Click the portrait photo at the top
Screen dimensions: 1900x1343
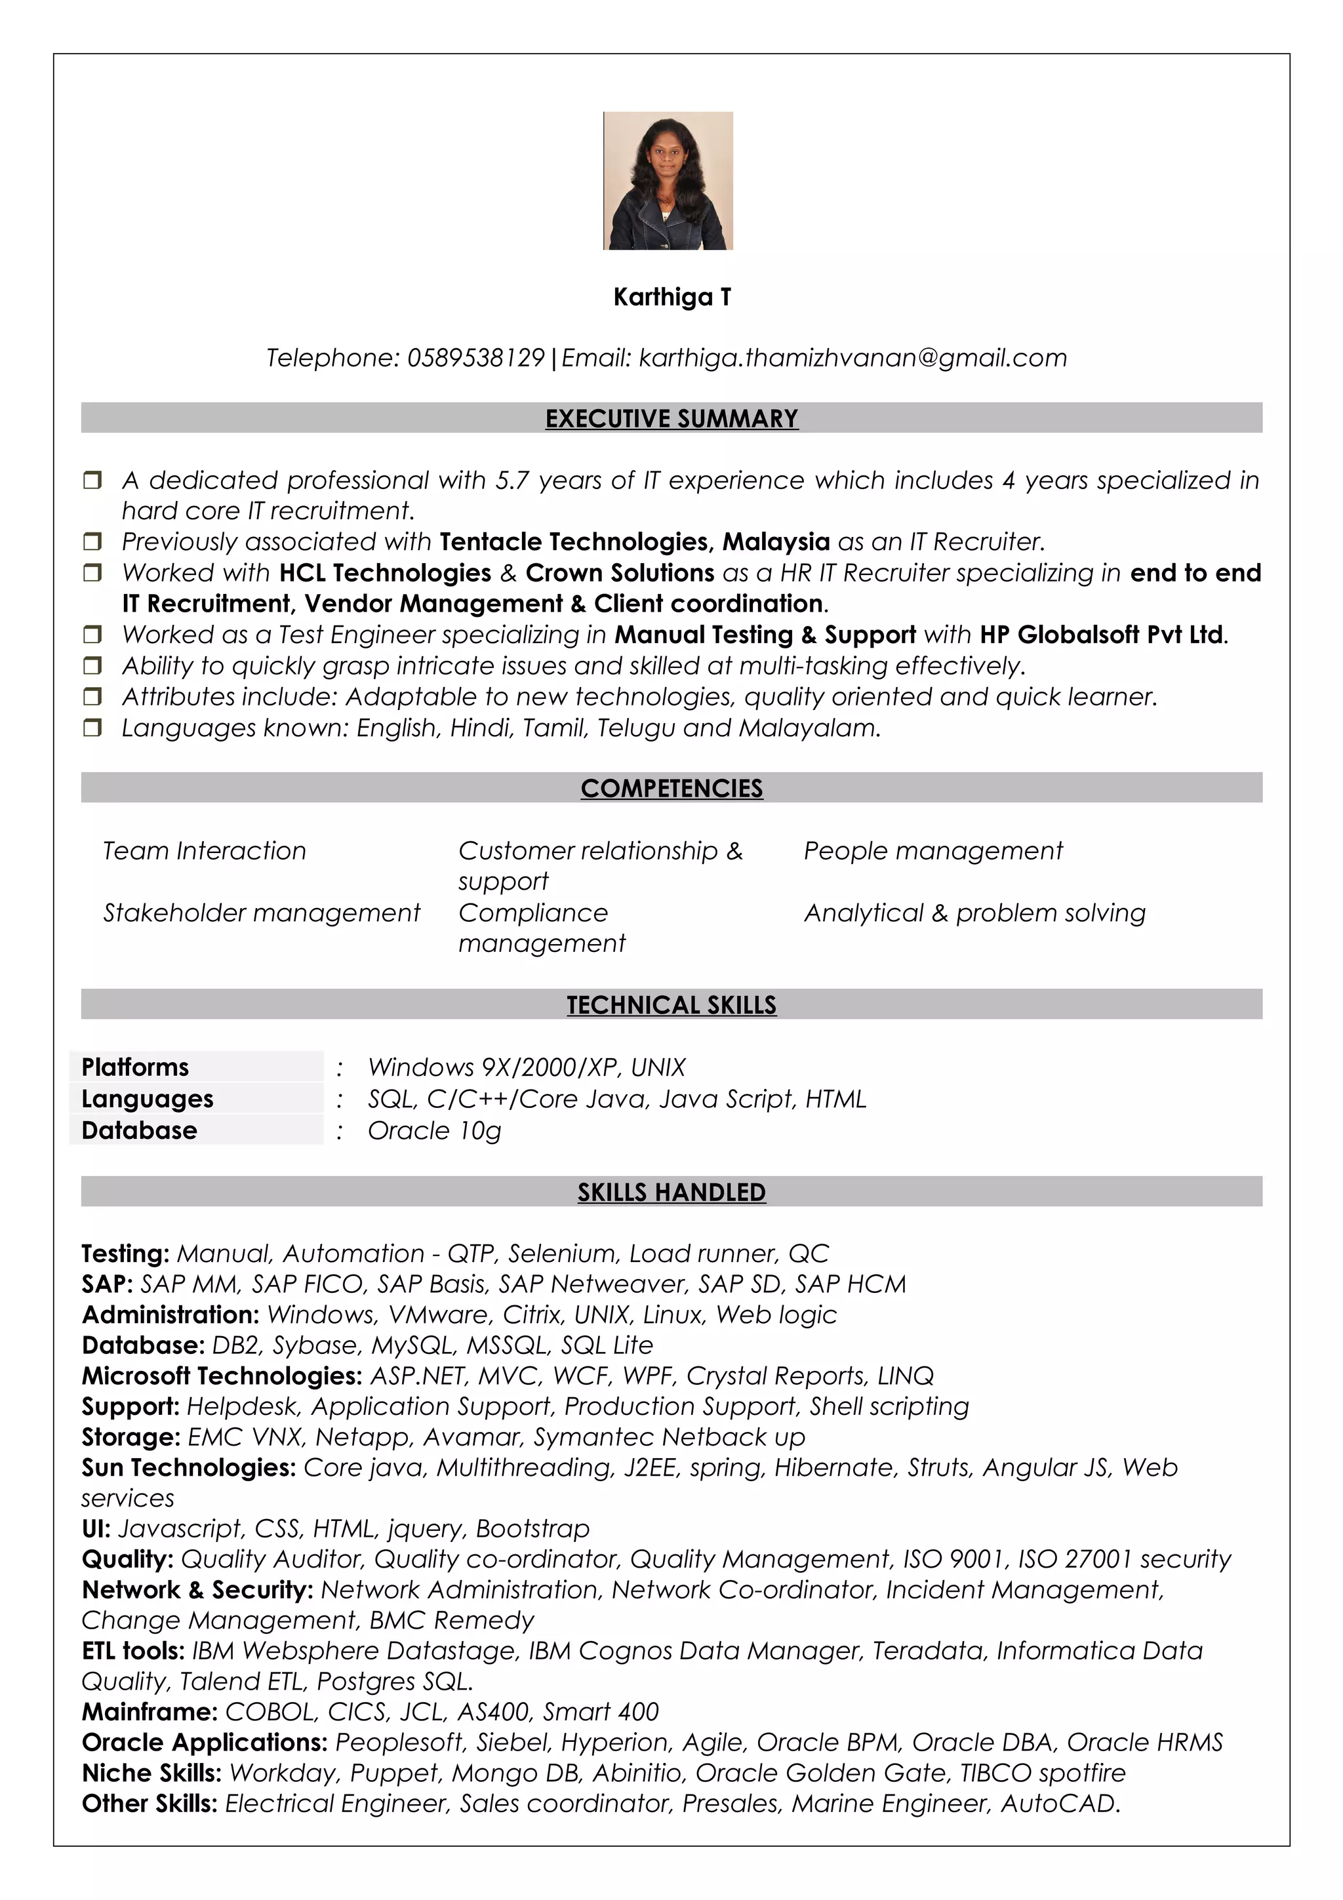point(668,180)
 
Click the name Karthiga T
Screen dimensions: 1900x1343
point(672,297)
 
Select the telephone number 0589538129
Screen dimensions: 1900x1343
point(476,357)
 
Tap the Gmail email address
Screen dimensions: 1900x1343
point(852,357)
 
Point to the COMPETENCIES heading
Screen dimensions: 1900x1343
point(671,788)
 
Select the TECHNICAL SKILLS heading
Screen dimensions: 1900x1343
point(671,1004)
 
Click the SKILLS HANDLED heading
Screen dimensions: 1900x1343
point(671,1192)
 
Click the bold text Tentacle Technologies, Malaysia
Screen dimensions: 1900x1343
point(634,542)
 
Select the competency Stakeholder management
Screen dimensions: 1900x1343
point(262,913)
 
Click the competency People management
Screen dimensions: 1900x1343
point(932,851)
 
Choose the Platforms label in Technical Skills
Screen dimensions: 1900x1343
point(135,1067)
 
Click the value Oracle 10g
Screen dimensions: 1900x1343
point(434,1130)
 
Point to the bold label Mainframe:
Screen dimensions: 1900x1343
point(150,1711)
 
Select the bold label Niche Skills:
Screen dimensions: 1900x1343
point(151,1773)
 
